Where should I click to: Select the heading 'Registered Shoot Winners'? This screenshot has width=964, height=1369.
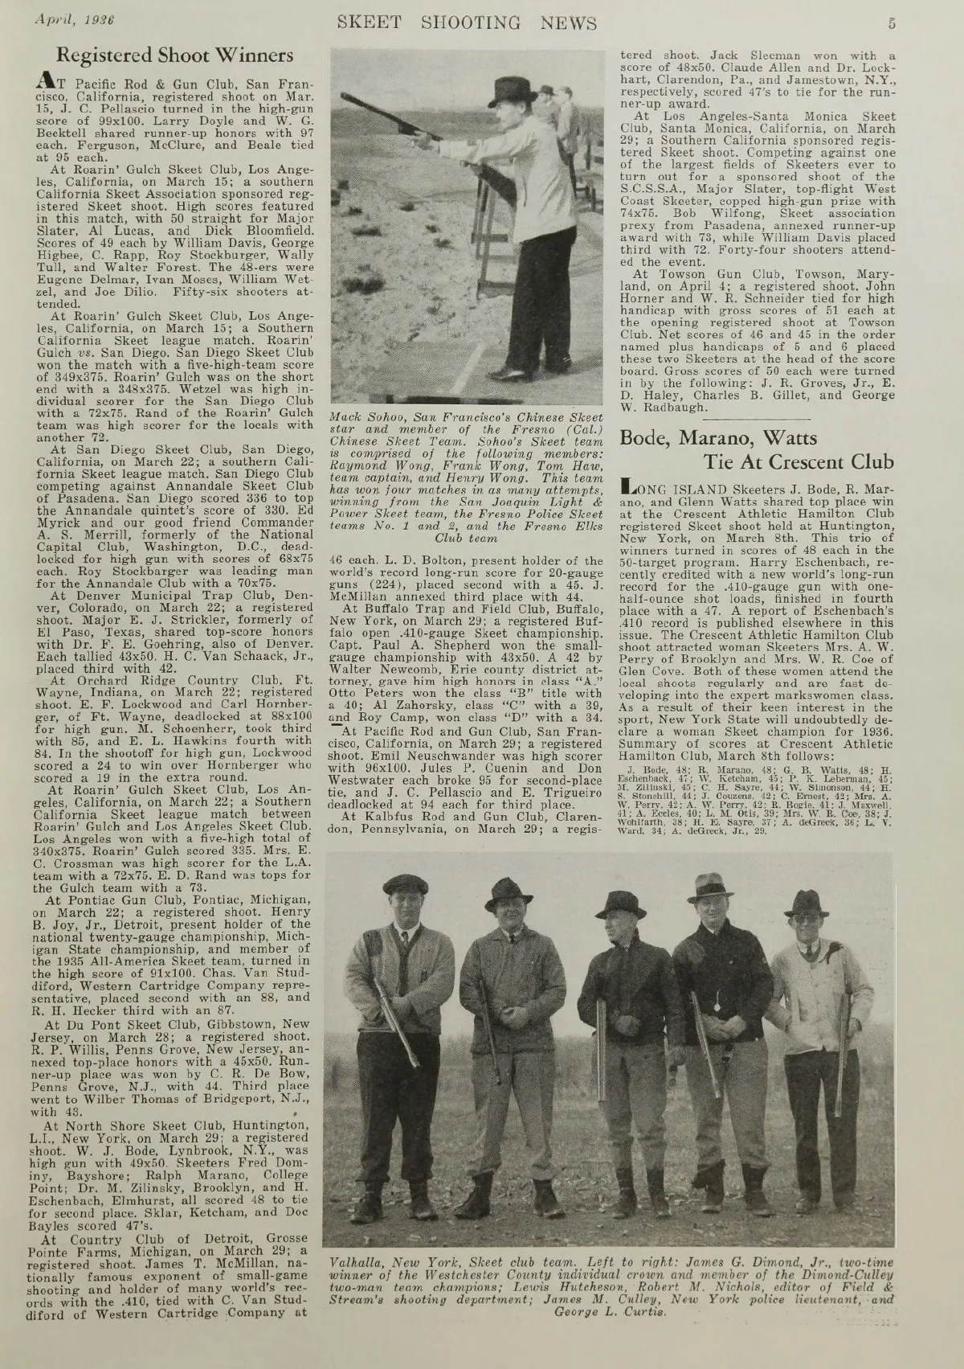[x=175, y=55]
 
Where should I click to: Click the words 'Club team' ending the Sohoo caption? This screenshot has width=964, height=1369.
[x=465, y=538]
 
